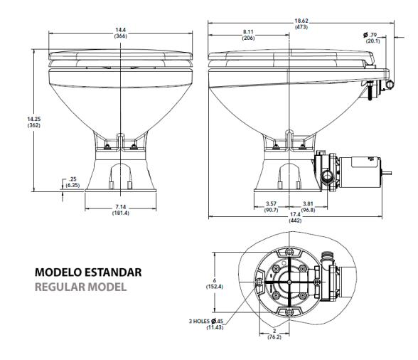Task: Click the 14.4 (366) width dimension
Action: pos(121,32)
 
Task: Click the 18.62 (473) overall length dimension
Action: pos(301,23)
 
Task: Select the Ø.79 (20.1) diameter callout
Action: pos(372,38)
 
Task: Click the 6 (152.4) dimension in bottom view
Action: pos(210,282)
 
